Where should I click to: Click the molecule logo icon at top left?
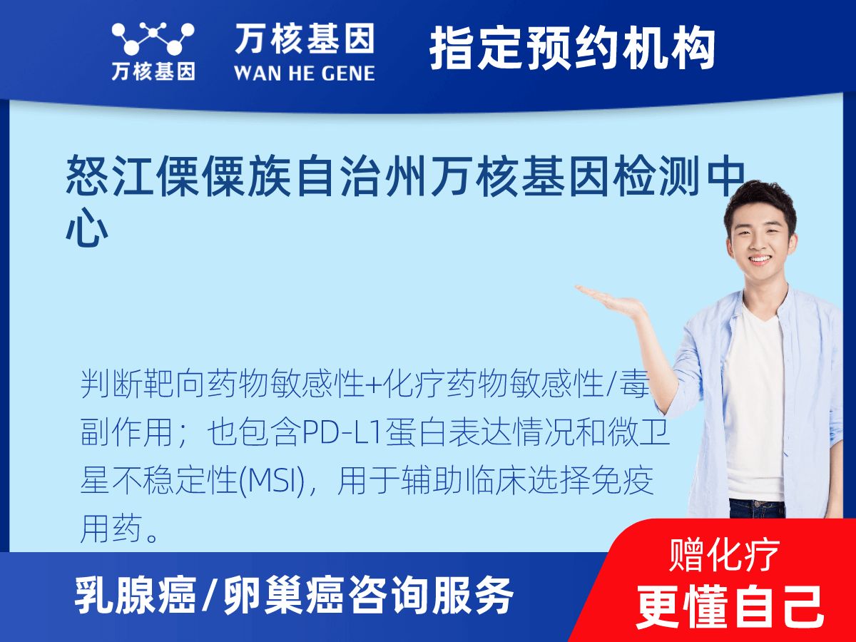153,39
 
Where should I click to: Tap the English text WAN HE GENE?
305,73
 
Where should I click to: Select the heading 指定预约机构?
573,49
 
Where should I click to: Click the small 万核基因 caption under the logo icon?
153,71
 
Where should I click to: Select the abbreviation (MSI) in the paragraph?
272,481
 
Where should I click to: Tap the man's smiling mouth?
760,259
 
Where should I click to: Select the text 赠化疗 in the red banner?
724,555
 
